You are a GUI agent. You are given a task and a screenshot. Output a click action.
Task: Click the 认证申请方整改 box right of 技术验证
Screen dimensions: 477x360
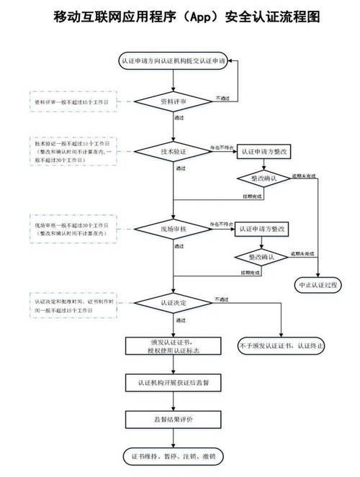[x=264, y=152]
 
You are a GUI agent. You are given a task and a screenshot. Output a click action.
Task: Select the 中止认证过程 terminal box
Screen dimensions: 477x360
[x=318, y=286]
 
